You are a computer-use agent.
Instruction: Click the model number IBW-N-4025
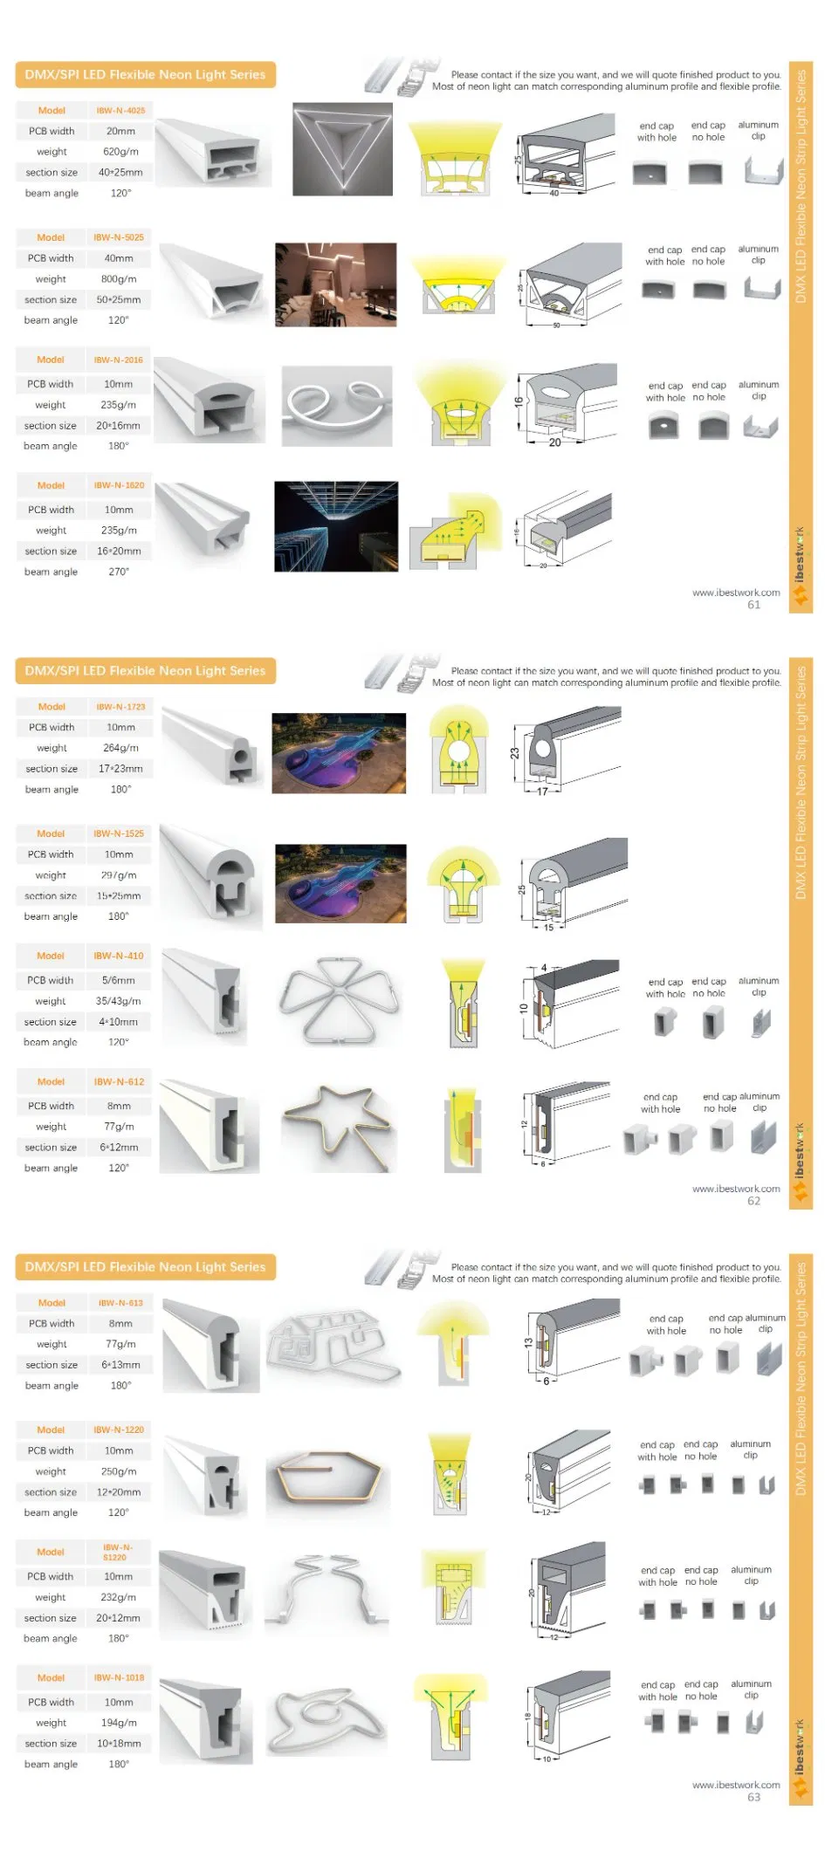pos(120,111)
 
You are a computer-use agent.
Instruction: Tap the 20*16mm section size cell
pos(118,426)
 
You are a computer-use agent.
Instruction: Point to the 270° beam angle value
pos(119,573)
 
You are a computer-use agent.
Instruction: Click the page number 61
pos(753,605)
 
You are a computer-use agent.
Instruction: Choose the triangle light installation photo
pos(341,149)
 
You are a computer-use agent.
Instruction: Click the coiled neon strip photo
pos(337,406)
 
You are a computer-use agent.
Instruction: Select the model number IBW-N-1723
pos(120,707)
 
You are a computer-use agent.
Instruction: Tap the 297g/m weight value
pos(119,875)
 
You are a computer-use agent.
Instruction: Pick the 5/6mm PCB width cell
pos(119,981)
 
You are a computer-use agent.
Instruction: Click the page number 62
pos(753,1201)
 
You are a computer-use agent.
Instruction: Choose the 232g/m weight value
pos(119,1597)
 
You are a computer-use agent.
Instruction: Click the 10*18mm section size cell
pos(119,1744)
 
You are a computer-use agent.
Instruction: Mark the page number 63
pos(753,1797)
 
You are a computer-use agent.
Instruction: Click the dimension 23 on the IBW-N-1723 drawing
pos(515,753)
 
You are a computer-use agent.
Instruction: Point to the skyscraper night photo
pos(335,526)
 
